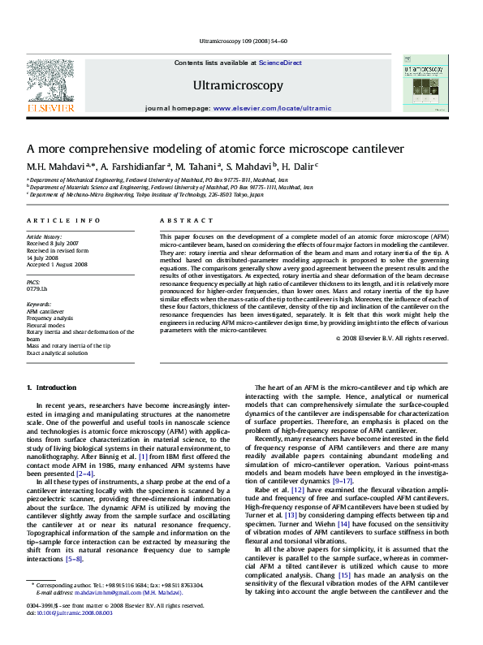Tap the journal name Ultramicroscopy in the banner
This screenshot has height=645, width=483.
point(238,85)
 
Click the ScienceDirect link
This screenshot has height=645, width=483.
point(280,63)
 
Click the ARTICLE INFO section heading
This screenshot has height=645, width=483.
point(63,221)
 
